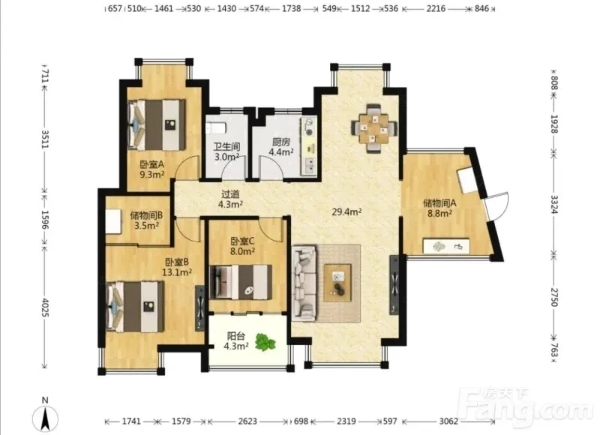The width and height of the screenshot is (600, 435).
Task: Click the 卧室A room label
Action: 152,164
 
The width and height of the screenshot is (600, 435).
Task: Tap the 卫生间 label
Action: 226,146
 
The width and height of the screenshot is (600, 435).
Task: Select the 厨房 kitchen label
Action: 280,142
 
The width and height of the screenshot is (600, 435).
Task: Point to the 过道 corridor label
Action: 230,194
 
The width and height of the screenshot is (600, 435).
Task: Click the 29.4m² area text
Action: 346,211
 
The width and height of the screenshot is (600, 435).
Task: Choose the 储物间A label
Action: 439,202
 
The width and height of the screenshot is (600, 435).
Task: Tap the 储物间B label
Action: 146,215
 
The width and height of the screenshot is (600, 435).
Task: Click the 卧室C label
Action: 242,241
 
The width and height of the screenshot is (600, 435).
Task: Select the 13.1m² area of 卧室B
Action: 177,272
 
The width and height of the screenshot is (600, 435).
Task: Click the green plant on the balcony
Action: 265,342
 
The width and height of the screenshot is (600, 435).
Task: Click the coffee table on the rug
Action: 337,283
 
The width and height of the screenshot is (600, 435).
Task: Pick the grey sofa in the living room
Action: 304,283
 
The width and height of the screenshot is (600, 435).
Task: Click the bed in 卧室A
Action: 157,125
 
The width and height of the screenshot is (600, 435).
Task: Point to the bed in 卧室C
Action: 241,282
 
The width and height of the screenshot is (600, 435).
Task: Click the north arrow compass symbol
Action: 45,418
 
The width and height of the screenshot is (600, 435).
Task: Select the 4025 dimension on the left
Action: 45,307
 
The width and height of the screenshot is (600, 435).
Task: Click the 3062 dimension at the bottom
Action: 448,421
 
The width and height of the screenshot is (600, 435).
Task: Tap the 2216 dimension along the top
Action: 436,8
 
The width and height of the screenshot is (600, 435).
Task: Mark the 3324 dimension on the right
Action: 554,204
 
